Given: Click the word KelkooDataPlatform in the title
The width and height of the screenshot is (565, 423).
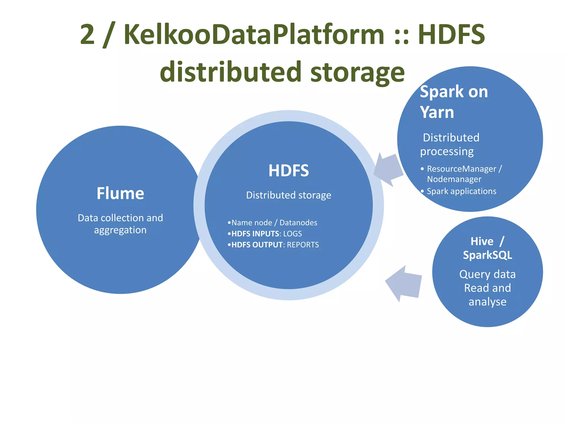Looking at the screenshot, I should pos(254,34).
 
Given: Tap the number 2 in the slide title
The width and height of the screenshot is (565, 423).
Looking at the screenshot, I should pos(87,34).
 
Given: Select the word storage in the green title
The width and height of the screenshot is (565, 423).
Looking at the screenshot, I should pos(357,72).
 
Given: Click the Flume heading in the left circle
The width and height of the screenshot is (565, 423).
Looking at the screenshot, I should pos(120,193).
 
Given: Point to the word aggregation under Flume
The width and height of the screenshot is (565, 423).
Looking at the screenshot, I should pos(120,230).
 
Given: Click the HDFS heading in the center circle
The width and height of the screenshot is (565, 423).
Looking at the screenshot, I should pos(289,171).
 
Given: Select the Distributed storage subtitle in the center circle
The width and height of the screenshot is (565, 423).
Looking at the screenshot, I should pos(289,195).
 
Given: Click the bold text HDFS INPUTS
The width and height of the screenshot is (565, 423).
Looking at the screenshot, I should pos(255,234).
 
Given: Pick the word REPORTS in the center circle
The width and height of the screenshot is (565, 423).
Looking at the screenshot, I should pos(303,245).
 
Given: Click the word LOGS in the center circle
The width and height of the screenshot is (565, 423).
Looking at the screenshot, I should pos(292,234).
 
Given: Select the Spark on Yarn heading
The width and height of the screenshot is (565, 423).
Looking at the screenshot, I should pos(454,102).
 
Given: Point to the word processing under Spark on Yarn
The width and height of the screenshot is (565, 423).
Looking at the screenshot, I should pos(447,152).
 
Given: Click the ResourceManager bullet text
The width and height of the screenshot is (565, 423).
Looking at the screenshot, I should pos(462,169).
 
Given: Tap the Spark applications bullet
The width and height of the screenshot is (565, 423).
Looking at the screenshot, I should pos(461,191).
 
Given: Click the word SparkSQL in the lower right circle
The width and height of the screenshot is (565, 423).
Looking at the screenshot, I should pos(487,255).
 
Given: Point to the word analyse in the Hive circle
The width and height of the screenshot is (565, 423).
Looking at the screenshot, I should pos(487,302).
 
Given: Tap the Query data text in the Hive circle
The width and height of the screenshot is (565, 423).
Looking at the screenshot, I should pos(487,274).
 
